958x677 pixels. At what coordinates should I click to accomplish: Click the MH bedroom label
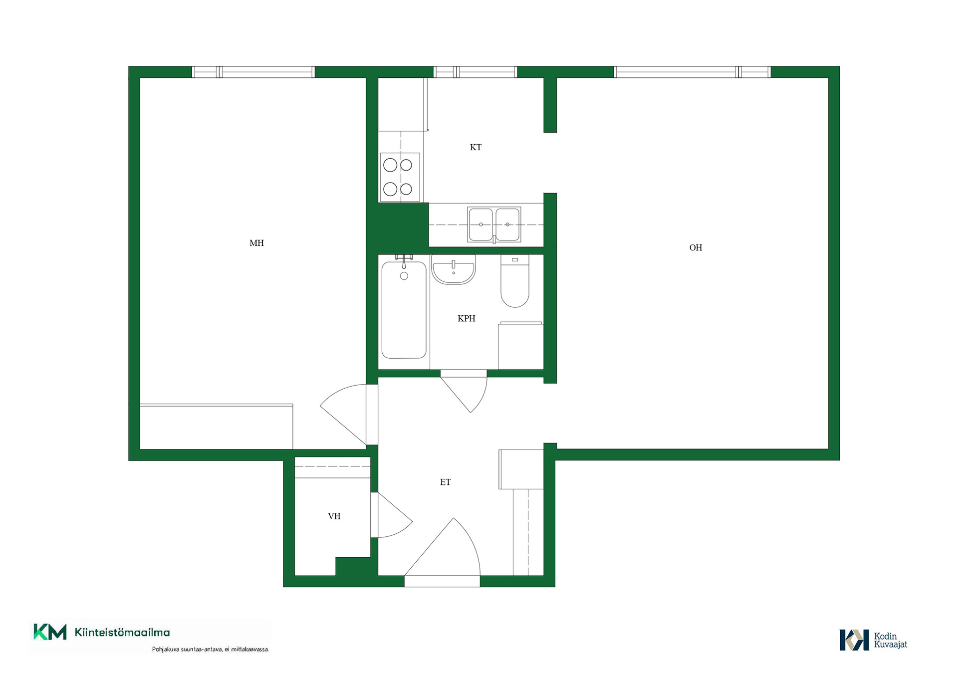coord(256,243)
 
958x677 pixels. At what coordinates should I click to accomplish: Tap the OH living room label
coord(696,247)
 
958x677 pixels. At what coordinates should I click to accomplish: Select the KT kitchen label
coord(476,147)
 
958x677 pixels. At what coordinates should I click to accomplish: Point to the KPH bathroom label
coord(467,318)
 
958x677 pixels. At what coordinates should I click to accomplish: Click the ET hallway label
coord(445,482)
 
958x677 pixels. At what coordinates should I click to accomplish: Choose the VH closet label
coord(334,516)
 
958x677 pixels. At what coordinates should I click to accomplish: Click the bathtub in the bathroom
coord(404,309)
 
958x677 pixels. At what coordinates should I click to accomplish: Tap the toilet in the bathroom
coord(515,281)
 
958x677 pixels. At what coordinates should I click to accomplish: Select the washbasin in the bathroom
coord(454,270)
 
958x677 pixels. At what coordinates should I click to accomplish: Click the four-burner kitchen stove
coord(400,177)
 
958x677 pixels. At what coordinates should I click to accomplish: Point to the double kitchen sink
coord(494,225)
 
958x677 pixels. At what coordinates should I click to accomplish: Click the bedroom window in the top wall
coord(253,72)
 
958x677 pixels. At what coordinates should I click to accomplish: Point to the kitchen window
coord(475,72)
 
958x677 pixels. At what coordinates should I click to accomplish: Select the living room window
coord(692,72)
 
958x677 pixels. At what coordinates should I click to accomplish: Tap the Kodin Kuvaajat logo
coord(873,640)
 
